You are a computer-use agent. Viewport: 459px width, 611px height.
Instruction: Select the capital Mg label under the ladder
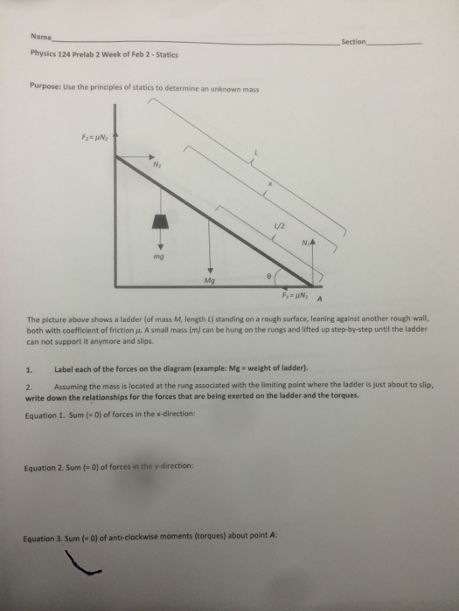pos(209,281)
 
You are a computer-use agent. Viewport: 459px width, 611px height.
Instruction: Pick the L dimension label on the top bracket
pos(256,152)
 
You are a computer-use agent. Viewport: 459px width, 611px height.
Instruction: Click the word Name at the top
pos(39,38)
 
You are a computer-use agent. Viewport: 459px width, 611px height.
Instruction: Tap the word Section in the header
pos(354,42)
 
